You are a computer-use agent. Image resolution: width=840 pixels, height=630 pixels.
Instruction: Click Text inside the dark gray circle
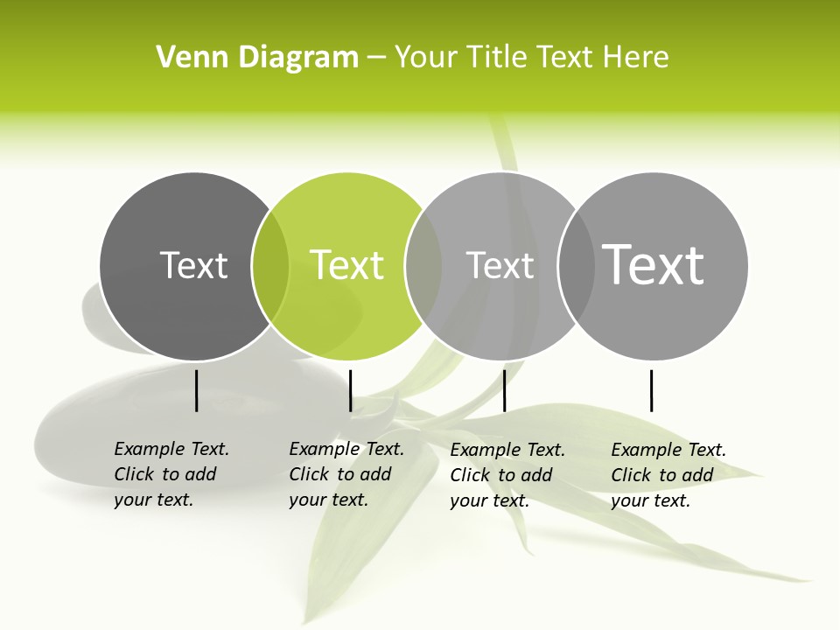(x=193, y=265)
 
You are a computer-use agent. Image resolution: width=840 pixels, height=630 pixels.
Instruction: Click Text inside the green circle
(x=346, y=265)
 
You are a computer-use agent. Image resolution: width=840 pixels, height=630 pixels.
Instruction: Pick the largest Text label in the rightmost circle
(x=654, y=264)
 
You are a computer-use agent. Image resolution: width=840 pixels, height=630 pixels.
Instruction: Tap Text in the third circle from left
(x=500, y=265)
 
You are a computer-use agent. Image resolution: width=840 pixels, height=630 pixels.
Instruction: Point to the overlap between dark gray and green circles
(x=270, y=266)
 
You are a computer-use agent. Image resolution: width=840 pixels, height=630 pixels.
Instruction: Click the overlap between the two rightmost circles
(x=575, y=266)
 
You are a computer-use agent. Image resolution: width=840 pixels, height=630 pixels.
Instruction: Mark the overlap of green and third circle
(x=423, y=266)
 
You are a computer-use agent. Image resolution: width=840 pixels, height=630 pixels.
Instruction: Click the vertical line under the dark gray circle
(x=196, y=390)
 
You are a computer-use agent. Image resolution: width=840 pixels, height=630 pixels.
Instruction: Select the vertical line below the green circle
(x=350, y=390)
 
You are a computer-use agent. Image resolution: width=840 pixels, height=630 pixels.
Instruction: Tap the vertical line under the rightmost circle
(x=651, y=390)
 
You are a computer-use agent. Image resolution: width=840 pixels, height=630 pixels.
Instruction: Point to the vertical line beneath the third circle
(x=504, y=390)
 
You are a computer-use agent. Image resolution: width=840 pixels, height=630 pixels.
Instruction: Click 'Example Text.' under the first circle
(x=171, y=449)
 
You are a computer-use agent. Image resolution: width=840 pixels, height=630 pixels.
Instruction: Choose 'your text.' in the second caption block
(x=328, y=500)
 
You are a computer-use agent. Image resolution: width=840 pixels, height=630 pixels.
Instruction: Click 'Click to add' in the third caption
(x=501, y=475)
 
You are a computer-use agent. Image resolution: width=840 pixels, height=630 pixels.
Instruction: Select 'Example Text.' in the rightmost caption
(x=668, y=450)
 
